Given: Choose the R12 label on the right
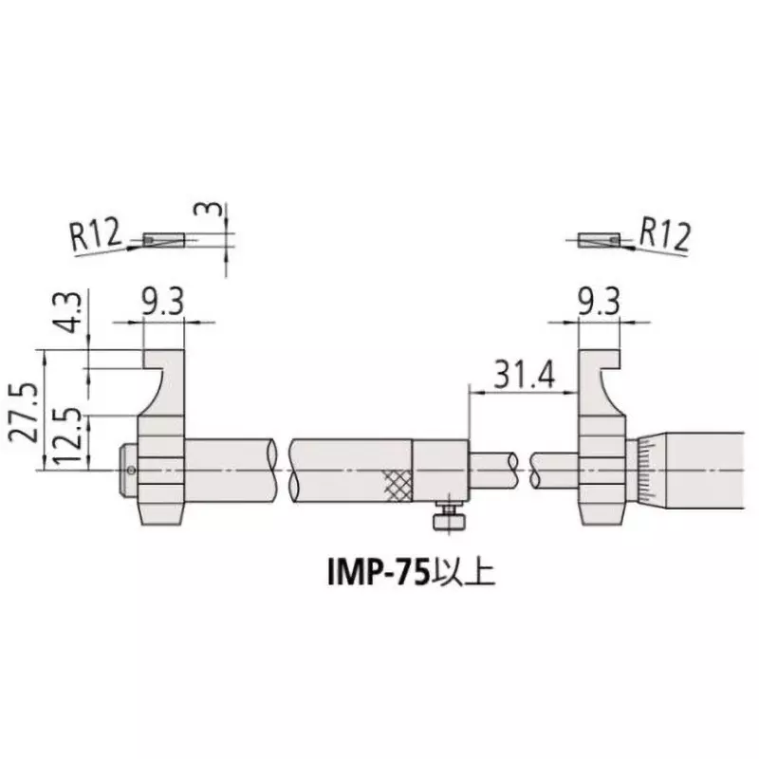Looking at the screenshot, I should point(663,233).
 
